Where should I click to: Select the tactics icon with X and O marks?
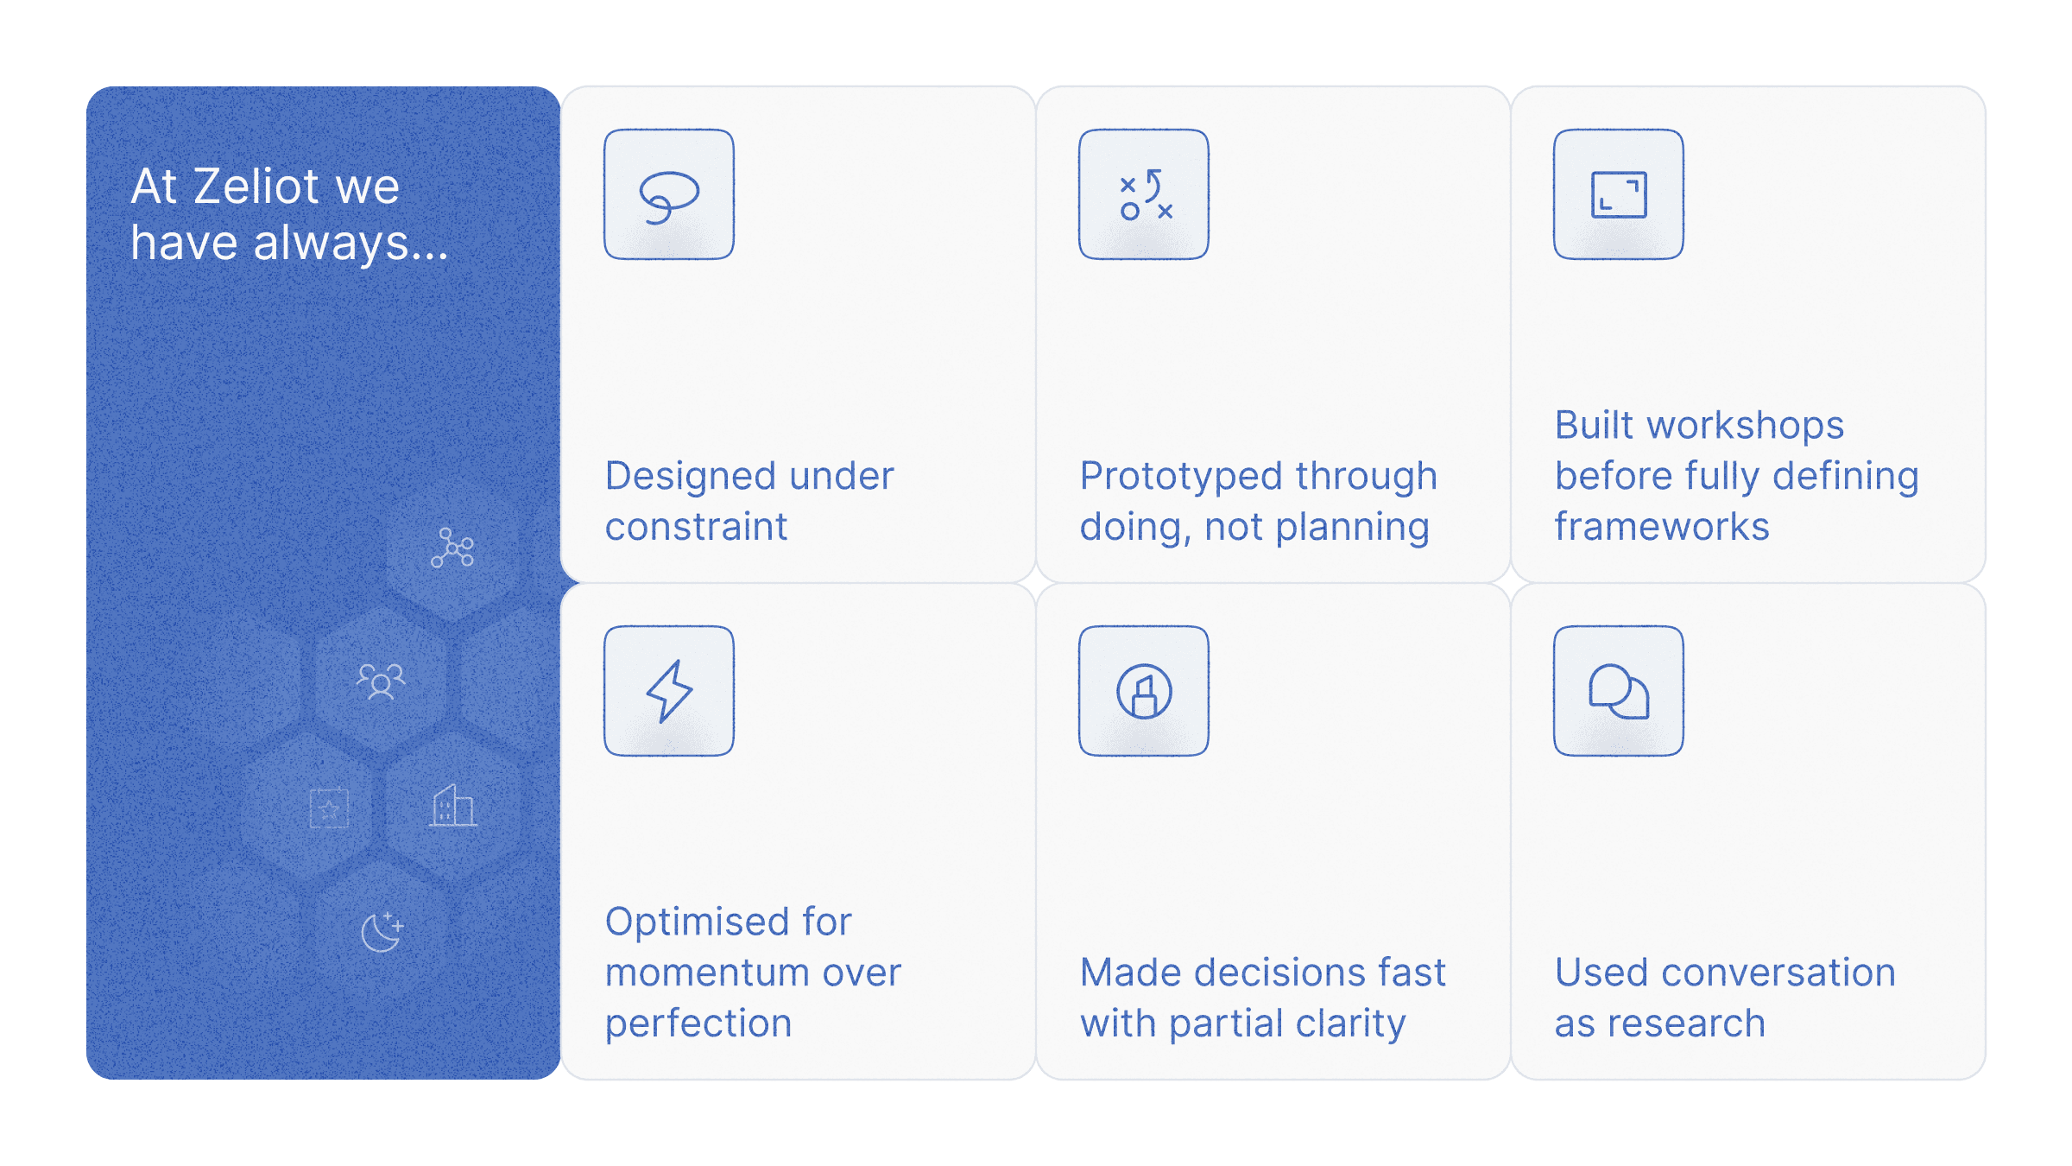tap(1145, 194)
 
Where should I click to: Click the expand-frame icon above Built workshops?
tap(1619, 194)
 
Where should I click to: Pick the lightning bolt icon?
tap(669, 691)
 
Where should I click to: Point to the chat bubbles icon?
tap(1619, 691)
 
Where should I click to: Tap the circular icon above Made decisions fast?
tap(1144, 691)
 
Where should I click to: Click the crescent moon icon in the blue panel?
tap(381, 931)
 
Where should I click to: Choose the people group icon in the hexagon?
tap(381, 681)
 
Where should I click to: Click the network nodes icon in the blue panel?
tap(452, 548)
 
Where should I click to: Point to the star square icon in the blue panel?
tap(329, 808)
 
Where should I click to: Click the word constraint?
tap(696, 527)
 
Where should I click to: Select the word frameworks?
tap(1662, 526)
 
